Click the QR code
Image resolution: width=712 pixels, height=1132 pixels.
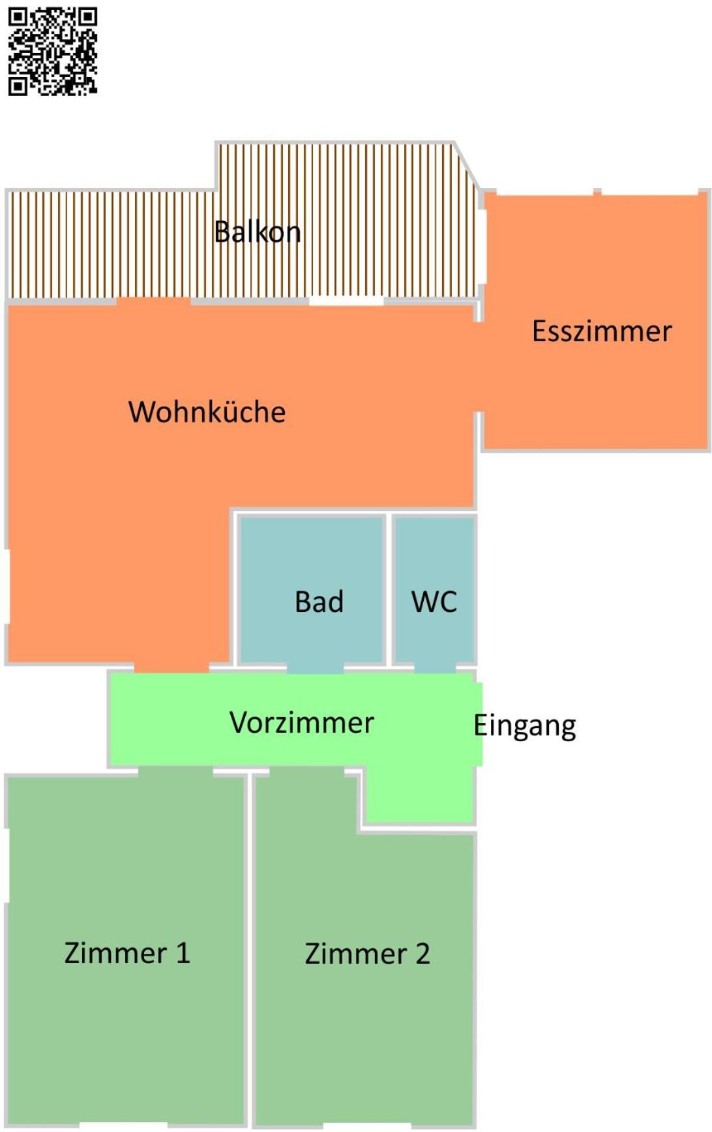(x=53, y=52)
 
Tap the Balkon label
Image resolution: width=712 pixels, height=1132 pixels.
(x=258, y=232)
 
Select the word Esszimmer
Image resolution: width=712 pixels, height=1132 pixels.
(x=602, y=331)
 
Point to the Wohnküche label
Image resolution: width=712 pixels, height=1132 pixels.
(x=207, y=412)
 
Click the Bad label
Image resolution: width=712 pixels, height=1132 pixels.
(x=319, y=602)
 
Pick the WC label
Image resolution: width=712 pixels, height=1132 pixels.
(x=434, y=602)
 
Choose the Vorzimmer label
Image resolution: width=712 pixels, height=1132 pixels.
(x=302, y=722)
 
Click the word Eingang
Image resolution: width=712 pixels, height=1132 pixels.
(x=525, y=726)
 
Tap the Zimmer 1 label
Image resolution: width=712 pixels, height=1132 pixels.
(x=127, y=953)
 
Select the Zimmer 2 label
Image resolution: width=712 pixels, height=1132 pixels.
(x=368, y=953)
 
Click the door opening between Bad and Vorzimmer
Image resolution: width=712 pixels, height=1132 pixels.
(x=316, y=669)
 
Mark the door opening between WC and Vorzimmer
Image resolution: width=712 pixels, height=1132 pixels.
(x=436, y=669)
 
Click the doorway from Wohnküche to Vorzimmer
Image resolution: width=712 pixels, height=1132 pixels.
(x=171, y=667)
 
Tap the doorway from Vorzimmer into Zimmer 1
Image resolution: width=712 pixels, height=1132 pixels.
(x=175, y=771)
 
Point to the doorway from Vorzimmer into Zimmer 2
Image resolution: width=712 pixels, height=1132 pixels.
(x=307, y=771)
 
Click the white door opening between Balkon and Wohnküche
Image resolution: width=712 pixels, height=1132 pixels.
(x=346, y=301)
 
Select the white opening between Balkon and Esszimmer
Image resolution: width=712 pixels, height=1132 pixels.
(x=482, y=247)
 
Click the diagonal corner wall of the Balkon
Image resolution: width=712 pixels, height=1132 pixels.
(x=467, y=166)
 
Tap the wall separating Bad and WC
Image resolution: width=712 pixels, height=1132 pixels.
(x=389, y=590)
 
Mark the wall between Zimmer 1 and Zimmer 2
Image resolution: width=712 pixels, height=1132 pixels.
(x=249, y=949)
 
